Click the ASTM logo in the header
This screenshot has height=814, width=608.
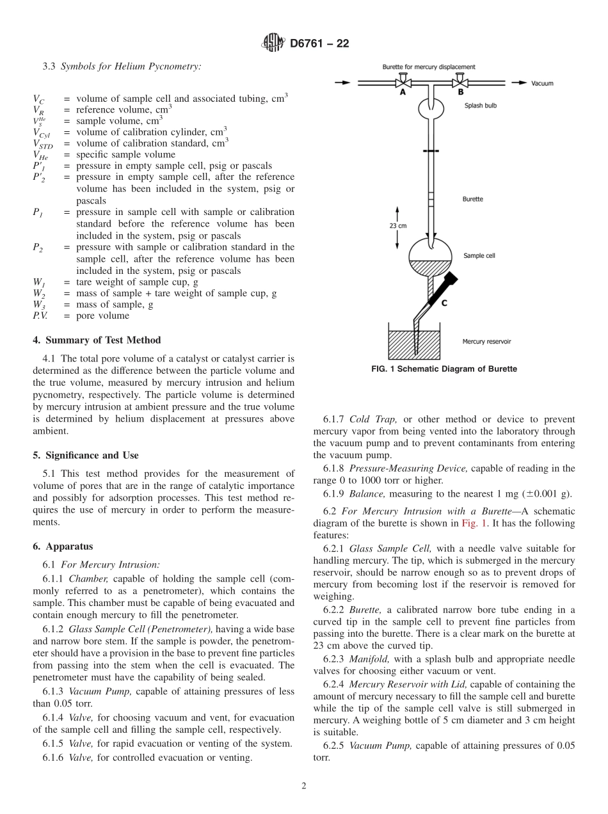click(x=273, y=44)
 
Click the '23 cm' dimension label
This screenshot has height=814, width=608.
click(x=398, y=225)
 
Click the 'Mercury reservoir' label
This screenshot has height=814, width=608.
click(x=486, y=342)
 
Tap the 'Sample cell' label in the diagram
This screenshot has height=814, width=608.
click(x=479, y=255)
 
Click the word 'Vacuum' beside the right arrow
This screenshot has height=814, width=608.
click(x=542, y=83)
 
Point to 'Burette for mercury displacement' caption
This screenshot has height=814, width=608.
click(x=428, y=67)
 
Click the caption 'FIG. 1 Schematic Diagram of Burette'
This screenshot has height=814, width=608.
click(x=444, y=369)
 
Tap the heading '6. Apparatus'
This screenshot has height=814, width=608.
click(x=63, y=547)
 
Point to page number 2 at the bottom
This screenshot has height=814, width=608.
click(x=304, y=786)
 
